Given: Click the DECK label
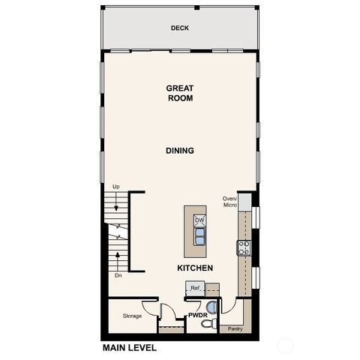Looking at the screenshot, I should [x=179, y=28].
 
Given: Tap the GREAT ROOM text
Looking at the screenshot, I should [x=180, y=93].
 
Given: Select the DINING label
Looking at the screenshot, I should [x=180, y=151].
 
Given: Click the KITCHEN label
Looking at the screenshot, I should [x=195, y=268].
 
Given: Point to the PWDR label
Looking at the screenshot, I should [x=198, y=316].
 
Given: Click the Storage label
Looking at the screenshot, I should [x=132, y=316].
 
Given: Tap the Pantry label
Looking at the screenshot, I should [x=235, y=328].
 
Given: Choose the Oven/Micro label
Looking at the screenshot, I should [x=229, y=202].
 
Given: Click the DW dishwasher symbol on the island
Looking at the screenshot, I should [x=199, y=220].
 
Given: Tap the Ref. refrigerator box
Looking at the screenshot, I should [x=195, y=288].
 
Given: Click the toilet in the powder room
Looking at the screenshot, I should [x=211, y=322].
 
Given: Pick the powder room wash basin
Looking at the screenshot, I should [x=211, y=306].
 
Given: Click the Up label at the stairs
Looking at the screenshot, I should [x=115, y=186].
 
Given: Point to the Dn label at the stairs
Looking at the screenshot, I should [x=117, y=275].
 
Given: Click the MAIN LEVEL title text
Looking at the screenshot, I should [x=128, y=348].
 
